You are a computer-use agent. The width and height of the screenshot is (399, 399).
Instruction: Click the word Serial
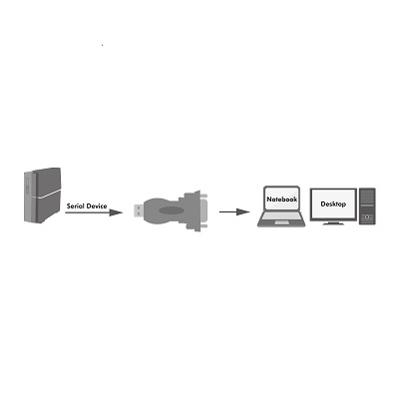[x=75, y=206]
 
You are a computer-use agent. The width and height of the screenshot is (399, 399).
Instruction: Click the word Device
[x=97, y=206]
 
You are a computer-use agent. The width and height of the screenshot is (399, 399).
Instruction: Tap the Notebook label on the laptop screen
[x=282, y=199]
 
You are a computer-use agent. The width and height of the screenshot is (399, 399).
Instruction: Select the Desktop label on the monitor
[x=333, y=203]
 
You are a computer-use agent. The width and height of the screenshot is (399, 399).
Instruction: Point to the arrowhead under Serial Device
[x=116, y=212]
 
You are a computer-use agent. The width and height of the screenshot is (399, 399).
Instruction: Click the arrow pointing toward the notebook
[x=234, y=211]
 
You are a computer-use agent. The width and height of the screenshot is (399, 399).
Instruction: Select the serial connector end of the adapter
[x=197, y=210]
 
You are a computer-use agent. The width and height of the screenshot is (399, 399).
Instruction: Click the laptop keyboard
[x=281, y=216]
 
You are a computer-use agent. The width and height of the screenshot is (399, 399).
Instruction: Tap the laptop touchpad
[x=281, y=222]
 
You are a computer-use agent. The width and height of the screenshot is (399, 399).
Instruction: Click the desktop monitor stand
[x=333, y=222]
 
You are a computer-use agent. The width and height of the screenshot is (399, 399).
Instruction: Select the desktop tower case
[x=367, y=206]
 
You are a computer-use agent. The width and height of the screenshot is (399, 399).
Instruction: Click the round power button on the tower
[x=367, y=217]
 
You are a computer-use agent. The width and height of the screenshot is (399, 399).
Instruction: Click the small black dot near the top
[x=102, y=45]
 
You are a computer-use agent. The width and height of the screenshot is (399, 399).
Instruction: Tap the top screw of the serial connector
[x=203, y=196]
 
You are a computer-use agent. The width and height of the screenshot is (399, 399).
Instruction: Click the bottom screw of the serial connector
[x=203, y=226]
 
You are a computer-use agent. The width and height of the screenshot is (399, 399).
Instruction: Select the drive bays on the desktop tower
[x=367, y=198]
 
